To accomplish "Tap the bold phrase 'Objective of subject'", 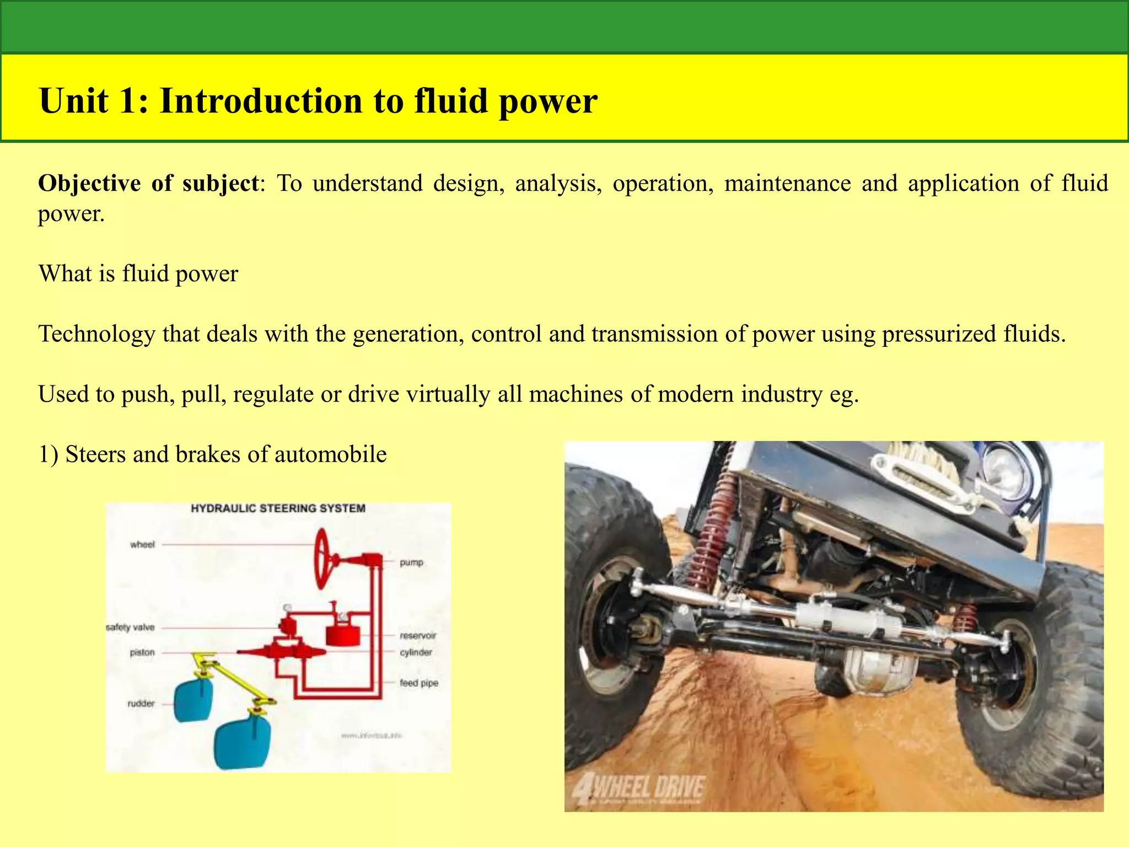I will point(148,184).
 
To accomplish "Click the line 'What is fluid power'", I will point(138,274).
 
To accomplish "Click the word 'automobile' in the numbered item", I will point(330,454).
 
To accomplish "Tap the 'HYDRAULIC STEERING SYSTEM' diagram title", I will point(278,508).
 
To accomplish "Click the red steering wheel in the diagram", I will point(322,558).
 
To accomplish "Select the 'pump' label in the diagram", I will point(411,562).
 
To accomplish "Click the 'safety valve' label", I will point(130,628).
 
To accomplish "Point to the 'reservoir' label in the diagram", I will point(418,636).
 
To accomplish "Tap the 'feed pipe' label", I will point(419,683).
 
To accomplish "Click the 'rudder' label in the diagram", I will point(141,704).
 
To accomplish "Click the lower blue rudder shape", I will point(243,742).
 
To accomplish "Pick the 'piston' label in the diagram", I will point(142,652).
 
